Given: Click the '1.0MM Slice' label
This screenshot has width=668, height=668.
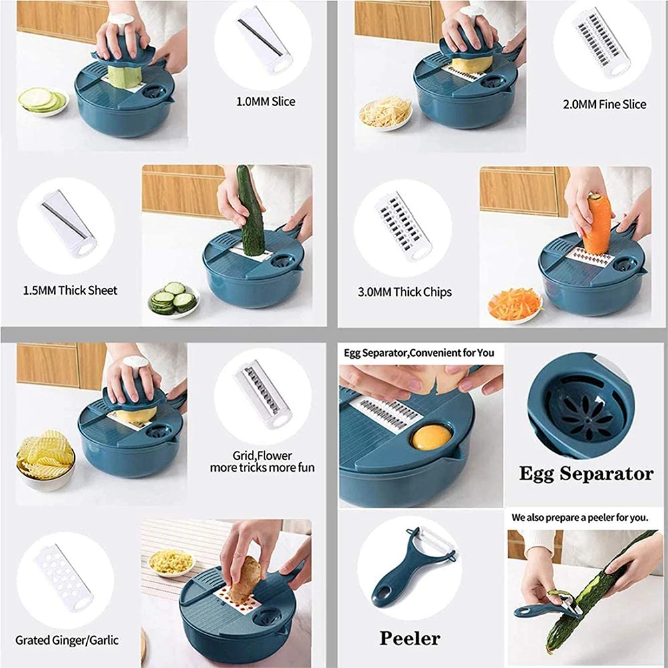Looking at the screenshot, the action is tap(266, 102).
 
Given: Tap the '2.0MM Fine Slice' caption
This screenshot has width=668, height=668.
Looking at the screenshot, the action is tap(605, 104).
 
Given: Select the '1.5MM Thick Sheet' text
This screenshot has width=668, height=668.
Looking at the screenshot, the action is tap(70, 291).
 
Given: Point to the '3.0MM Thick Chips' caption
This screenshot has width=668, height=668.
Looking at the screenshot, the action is tap(405, 293).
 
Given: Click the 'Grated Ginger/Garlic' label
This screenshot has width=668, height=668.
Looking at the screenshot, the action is tap(67, 641).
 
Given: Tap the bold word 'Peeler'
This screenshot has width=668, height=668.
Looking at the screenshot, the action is tap(410, 638).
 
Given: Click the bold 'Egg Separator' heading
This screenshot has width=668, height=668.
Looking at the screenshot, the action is tap(587, 474).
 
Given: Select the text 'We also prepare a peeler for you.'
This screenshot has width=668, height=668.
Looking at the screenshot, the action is tap(580, 518).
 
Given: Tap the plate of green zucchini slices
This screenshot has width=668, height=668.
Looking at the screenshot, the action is tap(43, 102).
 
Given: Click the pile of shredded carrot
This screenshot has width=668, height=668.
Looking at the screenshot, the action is tap(515, 304).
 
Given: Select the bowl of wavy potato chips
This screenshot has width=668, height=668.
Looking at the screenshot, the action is tap(45, 459).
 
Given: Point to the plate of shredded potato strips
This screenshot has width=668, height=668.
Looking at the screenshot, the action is tap(385, 113).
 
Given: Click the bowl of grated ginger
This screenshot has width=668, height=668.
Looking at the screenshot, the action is tap(171, 562).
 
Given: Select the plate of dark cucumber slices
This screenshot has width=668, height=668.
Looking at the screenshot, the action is tap(174, 299).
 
